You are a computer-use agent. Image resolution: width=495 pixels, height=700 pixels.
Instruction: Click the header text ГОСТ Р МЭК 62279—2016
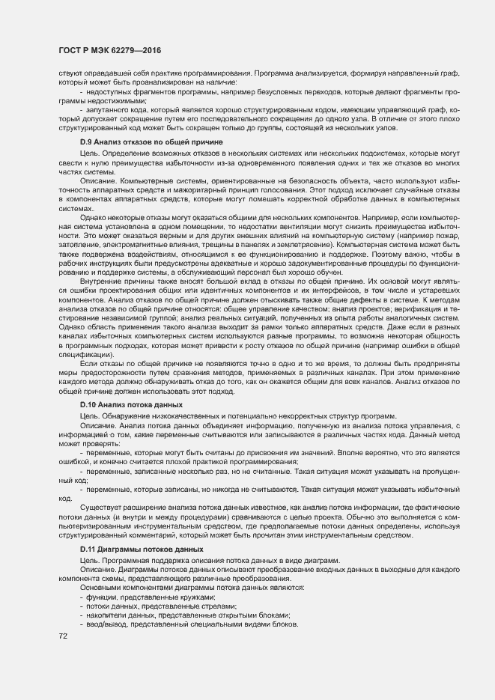click(x=110, y=51)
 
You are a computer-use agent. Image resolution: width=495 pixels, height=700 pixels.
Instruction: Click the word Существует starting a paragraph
click(x=100, y=508)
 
